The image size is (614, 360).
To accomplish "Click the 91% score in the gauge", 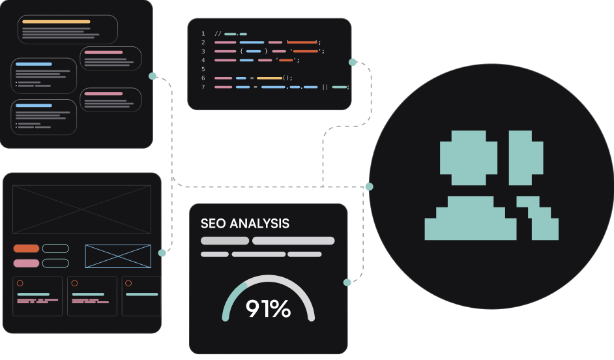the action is (x=269, y=308).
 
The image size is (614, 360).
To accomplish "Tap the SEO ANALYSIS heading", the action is (x=245, y=223).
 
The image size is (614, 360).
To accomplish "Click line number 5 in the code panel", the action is (x=203, y=69).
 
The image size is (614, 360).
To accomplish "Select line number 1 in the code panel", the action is (x=203, y=34).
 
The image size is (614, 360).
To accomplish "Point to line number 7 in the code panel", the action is (x=203, y=87).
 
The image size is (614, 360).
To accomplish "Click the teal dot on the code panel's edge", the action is (x=353, y=63).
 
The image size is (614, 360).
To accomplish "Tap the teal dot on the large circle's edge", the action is (x=370, y=187).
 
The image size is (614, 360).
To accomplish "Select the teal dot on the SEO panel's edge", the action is (x=347, y=282).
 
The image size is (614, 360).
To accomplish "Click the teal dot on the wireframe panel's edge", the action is (x=162, y=253).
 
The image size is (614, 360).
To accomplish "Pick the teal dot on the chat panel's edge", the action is (x=153, y=76).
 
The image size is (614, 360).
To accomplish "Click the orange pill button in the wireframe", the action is (x=26, y=248).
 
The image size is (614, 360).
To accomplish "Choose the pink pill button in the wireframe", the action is (x=26, y=263).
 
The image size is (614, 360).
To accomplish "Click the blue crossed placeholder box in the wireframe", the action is (x=118, y=256).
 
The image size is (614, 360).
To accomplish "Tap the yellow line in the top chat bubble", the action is (x=57, y=22).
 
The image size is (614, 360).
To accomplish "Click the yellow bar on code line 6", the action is (x=269, y=78).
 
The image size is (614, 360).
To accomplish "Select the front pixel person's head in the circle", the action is (x=469, y=158).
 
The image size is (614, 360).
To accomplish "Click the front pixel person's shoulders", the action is (x=471, y=218).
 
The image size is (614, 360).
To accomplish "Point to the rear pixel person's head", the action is (x=526, y=158).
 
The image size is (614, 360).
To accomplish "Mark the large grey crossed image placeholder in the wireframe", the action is (x=82, y=209).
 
